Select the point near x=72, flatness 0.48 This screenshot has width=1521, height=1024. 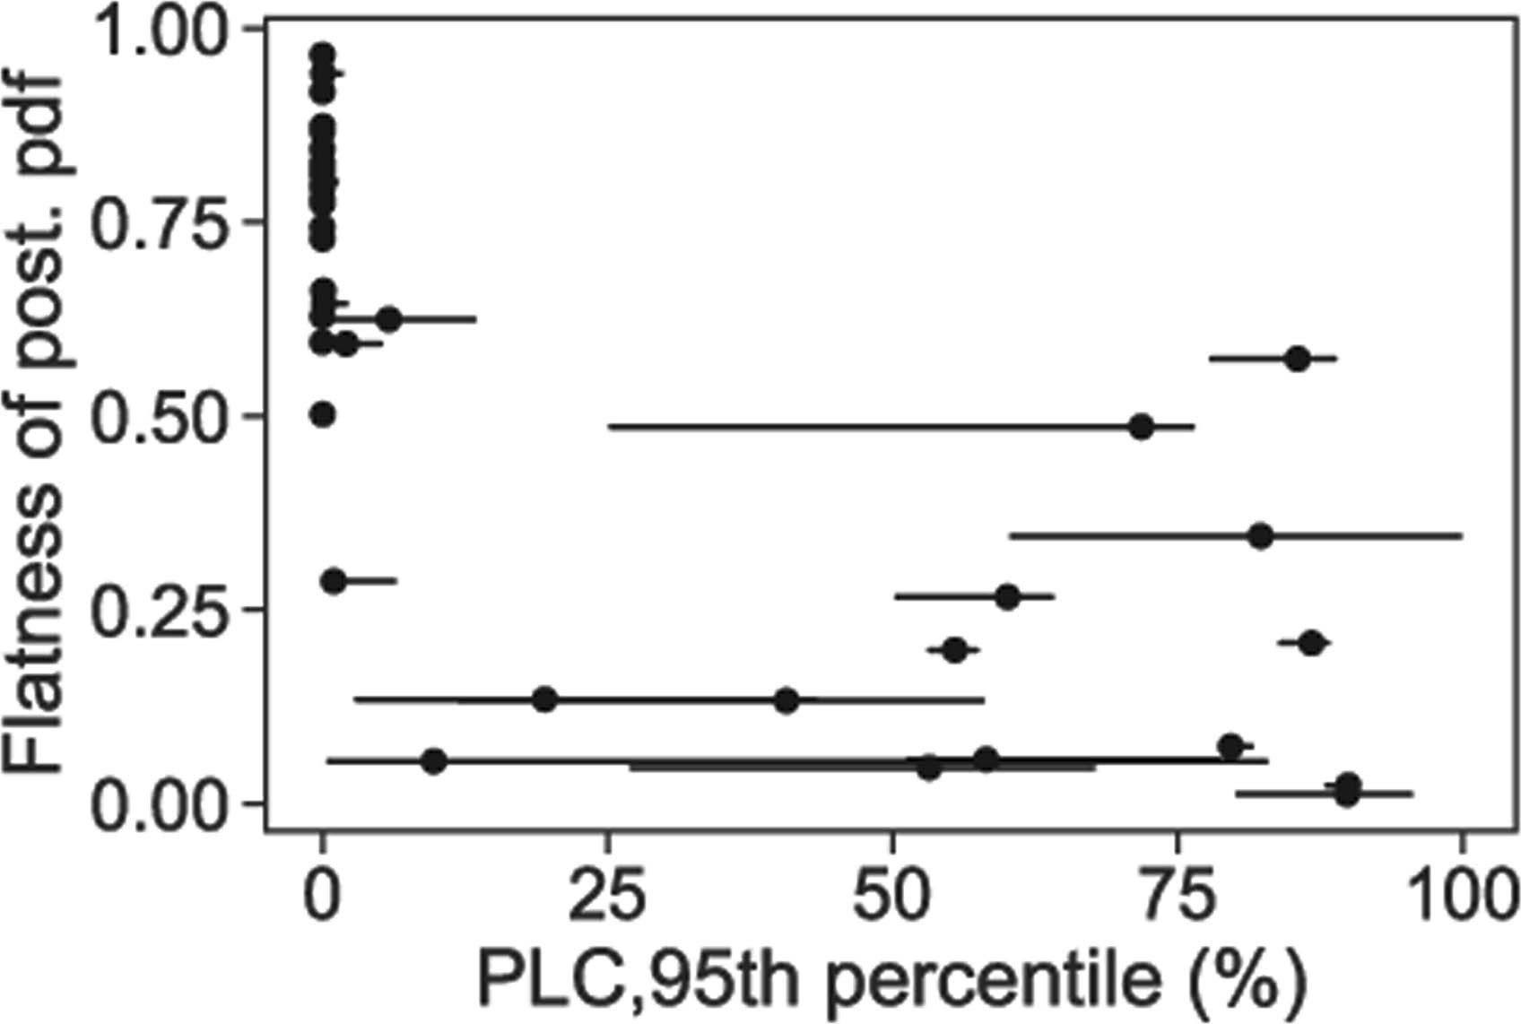(1141, 427)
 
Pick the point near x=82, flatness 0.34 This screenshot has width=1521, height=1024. (1261, 536)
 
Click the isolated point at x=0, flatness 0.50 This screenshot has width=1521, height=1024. (324, 414)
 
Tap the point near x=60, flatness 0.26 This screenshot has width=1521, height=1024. (1007, 597)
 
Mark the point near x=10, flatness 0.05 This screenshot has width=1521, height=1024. (434, 761)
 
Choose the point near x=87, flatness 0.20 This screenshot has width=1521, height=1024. (1312, 643)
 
